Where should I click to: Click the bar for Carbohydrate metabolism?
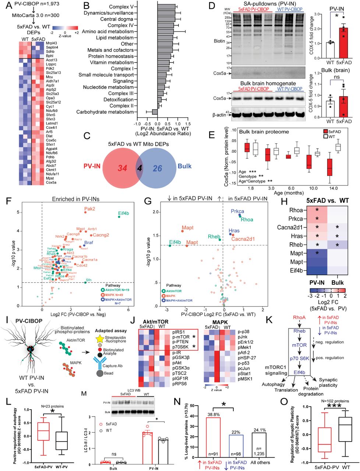pyautogui.click(x=155, y=112)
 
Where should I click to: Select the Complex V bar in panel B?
pyautogui.click(x=166, y=7)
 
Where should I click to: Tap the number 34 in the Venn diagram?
pyautogui.click(x=122, y=168)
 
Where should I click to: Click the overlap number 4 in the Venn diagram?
pyautogui.click(x=139, y=168)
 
